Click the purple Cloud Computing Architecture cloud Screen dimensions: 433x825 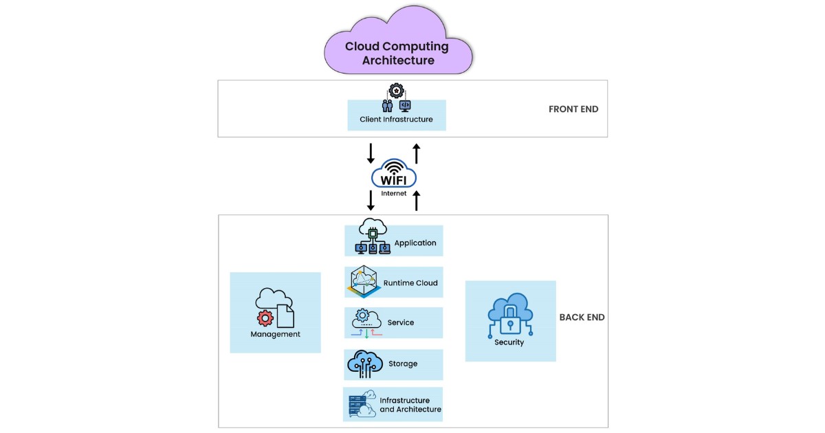[398, 45]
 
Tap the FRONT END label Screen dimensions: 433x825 [573, 109]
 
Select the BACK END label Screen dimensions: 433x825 [582, 318]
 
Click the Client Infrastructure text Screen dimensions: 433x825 [396, 120]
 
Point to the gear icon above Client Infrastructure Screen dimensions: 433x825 [396, 91]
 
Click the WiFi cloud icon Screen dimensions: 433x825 [394, 174]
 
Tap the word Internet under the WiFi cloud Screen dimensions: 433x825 [394, 194]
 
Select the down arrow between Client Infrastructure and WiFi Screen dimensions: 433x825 [371, 153]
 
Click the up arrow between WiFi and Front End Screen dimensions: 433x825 [416, 153]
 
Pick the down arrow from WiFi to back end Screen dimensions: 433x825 [371, 200]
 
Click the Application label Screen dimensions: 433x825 [415, 243]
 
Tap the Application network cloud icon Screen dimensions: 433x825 [371, 238]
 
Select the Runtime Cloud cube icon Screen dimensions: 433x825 [364, 282]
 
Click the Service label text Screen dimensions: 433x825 [401, 322]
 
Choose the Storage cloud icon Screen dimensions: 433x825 [364, 364]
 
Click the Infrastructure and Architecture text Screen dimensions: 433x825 [410, 405]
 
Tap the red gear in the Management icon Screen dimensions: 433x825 [265, 318]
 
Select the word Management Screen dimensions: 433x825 [275, 335]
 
